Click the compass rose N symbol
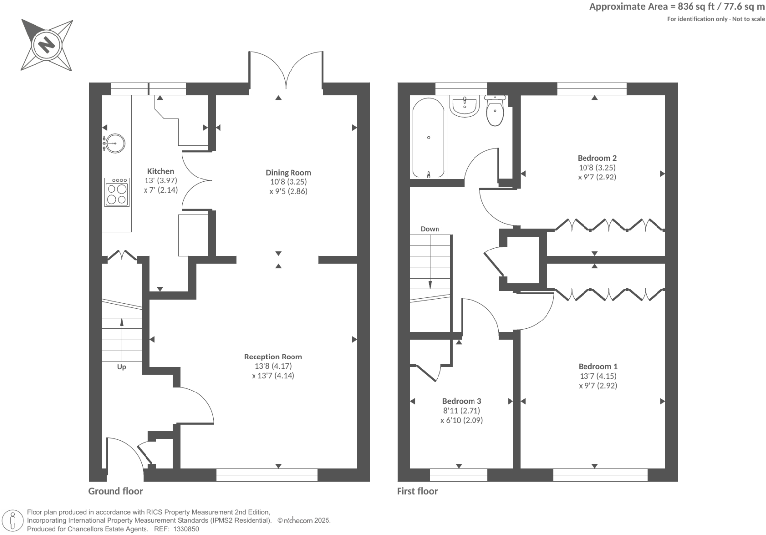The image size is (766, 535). [47, 45]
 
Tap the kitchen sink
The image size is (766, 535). [114, 143]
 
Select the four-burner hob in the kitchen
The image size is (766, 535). [117, 192]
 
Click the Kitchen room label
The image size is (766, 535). [160, 171]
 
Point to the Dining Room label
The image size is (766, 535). [288, 172]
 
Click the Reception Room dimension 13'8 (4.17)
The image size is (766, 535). [273, 366]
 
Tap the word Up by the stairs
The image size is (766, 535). [121, 367]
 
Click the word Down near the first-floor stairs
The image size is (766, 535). [430, 229]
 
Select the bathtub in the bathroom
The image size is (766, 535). [428, 138]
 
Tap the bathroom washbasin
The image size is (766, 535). [464, 106]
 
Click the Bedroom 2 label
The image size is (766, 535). [597, 158]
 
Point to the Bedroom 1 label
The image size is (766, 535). [597, 366]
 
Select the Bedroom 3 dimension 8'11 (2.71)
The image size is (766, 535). [461, 410]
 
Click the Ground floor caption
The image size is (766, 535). [115, 491]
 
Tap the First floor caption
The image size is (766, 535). [417, 491]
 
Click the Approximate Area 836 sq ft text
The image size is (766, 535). [677, 6]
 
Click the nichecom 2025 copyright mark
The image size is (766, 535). [304, 520]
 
